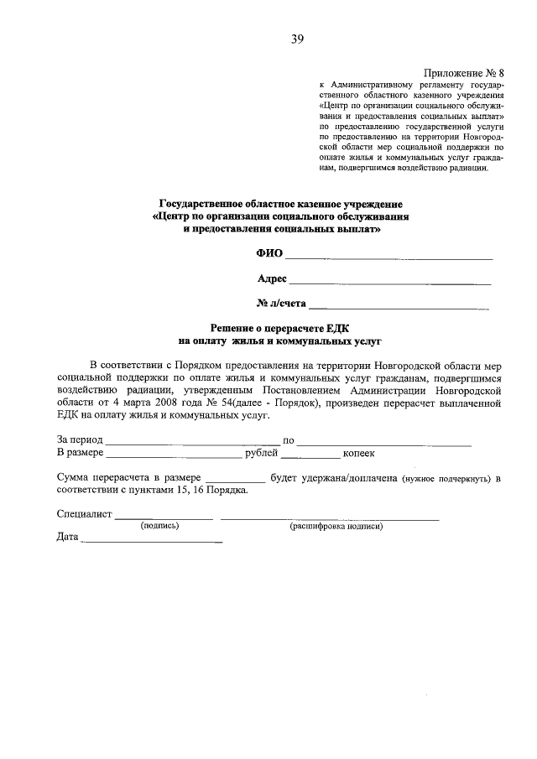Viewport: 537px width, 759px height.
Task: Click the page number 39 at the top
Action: pos(297,39)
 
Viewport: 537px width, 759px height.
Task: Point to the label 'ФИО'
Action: pos(269,253)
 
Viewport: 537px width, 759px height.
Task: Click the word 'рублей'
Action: pos(261,454)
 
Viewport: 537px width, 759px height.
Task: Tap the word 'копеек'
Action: pos(358,454)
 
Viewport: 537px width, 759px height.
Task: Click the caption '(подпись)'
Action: pos(160,527)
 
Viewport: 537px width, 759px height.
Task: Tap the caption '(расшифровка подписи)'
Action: pos(336,527)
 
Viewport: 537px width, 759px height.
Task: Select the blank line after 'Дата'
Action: pos(151,542)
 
